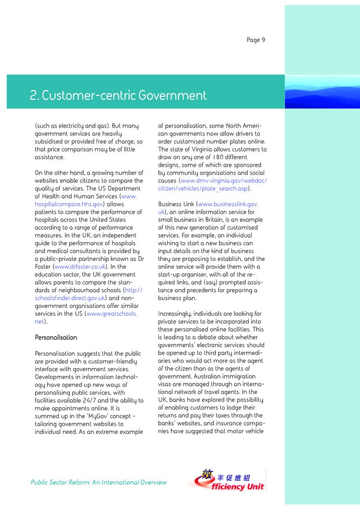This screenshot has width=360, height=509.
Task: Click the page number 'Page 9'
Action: tap(256, 40)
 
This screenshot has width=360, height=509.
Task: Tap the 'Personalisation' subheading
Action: tap(56, 338)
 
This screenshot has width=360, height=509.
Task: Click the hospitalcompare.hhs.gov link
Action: tap(68, 204)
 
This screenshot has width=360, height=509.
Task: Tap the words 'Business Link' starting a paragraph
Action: tap(176, 204)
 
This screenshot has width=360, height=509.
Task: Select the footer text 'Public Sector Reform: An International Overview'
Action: tap(98, 482)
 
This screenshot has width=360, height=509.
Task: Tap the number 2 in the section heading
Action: tap(34, 95)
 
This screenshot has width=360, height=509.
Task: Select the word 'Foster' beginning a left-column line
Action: tap(43, 267)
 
